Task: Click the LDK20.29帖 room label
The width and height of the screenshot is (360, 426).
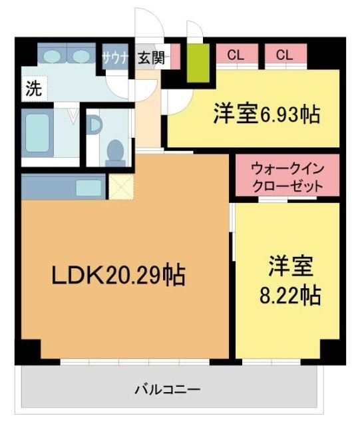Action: pos(118,274)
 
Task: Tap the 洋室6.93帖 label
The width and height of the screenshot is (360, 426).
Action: pos(266,114)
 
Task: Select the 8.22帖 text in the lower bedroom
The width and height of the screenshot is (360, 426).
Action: pos(289,295)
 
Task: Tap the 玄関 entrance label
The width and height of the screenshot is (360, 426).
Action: pos(150,57)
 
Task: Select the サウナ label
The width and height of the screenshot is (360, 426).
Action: pos(116,57)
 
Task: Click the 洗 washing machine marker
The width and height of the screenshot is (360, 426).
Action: pos(32,89)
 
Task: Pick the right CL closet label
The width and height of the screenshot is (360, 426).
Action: pos(284,55)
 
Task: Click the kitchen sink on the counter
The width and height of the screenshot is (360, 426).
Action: pos(88,187)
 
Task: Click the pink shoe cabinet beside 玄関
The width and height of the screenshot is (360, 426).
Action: pos(174,57)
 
